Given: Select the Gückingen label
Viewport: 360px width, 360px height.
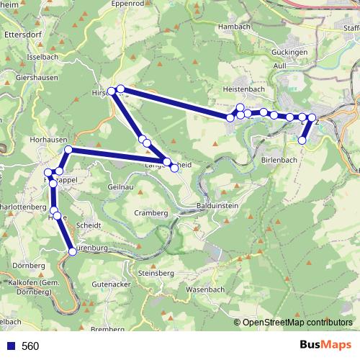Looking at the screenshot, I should tap(290, 53).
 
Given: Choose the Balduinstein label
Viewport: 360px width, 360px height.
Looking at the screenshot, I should tap(217, 205).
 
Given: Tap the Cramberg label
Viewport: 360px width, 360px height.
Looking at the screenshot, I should tap(151, 213).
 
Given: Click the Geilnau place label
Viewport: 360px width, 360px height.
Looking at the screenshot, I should tap(120, 186).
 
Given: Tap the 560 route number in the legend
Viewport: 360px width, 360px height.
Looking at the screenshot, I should tap(30, 346).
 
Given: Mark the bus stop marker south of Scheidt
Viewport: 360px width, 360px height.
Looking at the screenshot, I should tap(72, 251).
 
